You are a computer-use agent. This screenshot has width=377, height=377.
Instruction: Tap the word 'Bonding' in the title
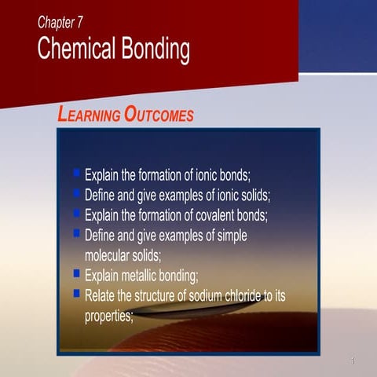155,50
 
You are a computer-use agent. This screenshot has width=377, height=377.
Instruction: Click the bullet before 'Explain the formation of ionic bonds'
76,171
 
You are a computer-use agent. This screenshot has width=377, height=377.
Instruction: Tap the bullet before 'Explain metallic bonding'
76,273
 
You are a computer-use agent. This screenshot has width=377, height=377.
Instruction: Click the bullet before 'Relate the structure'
76,294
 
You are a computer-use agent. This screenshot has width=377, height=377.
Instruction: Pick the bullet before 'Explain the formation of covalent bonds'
76,212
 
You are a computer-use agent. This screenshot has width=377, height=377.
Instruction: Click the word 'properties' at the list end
108,317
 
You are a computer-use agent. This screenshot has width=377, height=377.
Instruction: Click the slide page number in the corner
354,361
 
